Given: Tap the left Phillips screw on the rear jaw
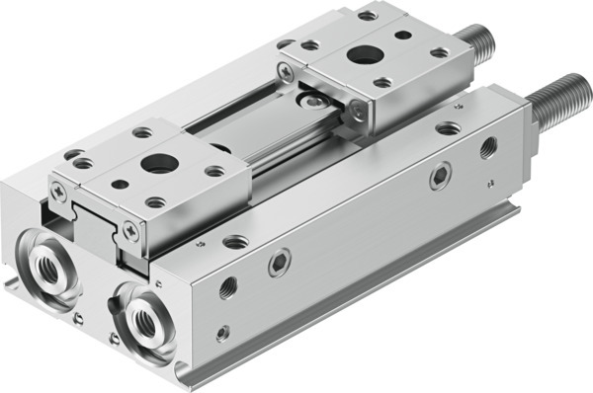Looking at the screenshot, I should tap(286, 70).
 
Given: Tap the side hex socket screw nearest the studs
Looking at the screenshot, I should tap(440, 176).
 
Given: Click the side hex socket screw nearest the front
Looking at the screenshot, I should tap(280, 262).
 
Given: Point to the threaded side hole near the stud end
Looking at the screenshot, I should tap(488, 148).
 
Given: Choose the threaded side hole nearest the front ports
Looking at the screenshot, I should tap(228, 287).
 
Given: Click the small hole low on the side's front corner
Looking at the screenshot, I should tap(223, 334).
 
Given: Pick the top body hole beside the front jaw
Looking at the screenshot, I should tap(235, 241).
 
